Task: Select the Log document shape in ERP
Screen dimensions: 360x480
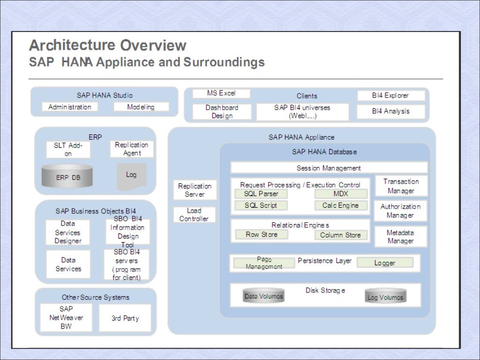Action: click(x=131, y=176)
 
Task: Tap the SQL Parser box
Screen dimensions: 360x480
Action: click(x=261, y=194)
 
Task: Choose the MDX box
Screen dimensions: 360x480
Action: click(x=341, y=194)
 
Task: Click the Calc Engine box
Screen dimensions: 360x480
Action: click(x=341, y=205)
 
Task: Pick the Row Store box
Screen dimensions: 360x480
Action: click(x=261, y=234)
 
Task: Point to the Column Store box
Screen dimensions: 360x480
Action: click(x=340, y=235)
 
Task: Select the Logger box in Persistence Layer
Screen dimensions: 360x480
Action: click(x=385, y=263)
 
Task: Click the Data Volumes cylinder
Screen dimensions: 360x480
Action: click(x=264, y=296)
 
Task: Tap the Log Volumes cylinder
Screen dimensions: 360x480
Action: click(x=385, y=297)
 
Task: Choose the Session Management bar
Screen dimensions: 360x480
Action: click(x=329, y=168)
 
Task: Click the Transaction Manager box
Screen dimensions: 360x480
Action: click(x=401, y=186)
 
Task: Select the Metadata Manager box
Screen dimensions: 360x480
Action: click(x=400, y=237)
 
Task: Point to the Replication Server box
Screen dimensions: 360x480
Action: click(x=195, y=190)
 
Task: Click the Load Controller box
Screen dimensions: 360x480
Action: click(x=194, y=215)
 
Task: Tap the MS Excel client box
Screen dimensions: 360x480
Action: click(x=221, y=93)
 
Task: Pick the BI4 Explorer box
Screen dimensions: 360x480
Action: click(x=390, y=95)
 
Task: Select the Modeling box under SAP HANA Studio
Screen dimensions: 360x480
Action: click(x=141, y=107)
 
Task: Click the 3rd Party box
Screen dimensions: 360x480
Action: click(x=125, y=318)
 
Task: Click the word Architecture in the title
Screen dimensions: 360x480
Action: click(x=72, y=45)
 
